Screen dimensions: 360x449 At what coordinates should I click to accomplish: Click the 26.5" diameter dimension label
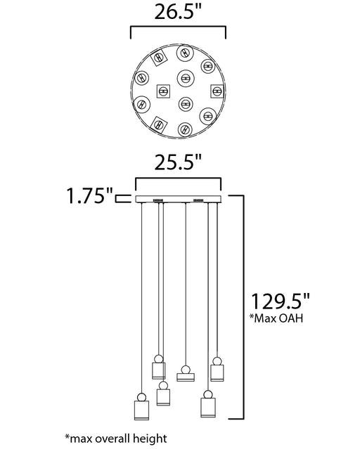(x=178, y=13)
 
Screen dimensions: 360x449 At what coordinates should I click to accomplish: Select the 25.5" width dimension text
(x=178, y=162)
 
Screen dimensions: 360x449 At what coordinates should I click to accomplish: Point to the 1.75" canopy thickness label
(x=90, y=196)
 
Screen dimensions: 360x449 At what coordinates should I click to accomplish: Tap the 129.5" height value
(x=281, y=301)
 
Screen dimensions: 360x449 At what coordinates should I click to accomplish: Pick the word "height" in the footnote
(x=150, y=438)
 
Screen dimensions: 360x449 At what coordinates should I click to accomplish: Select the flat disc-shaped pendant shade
(x=186, y=377)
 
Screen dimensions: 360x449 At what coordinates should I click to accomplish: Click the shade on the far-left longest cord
(x=141, y=410)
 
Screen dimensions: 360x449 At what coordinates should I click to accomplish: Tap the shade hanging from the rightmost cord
(x=217, y=373)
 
